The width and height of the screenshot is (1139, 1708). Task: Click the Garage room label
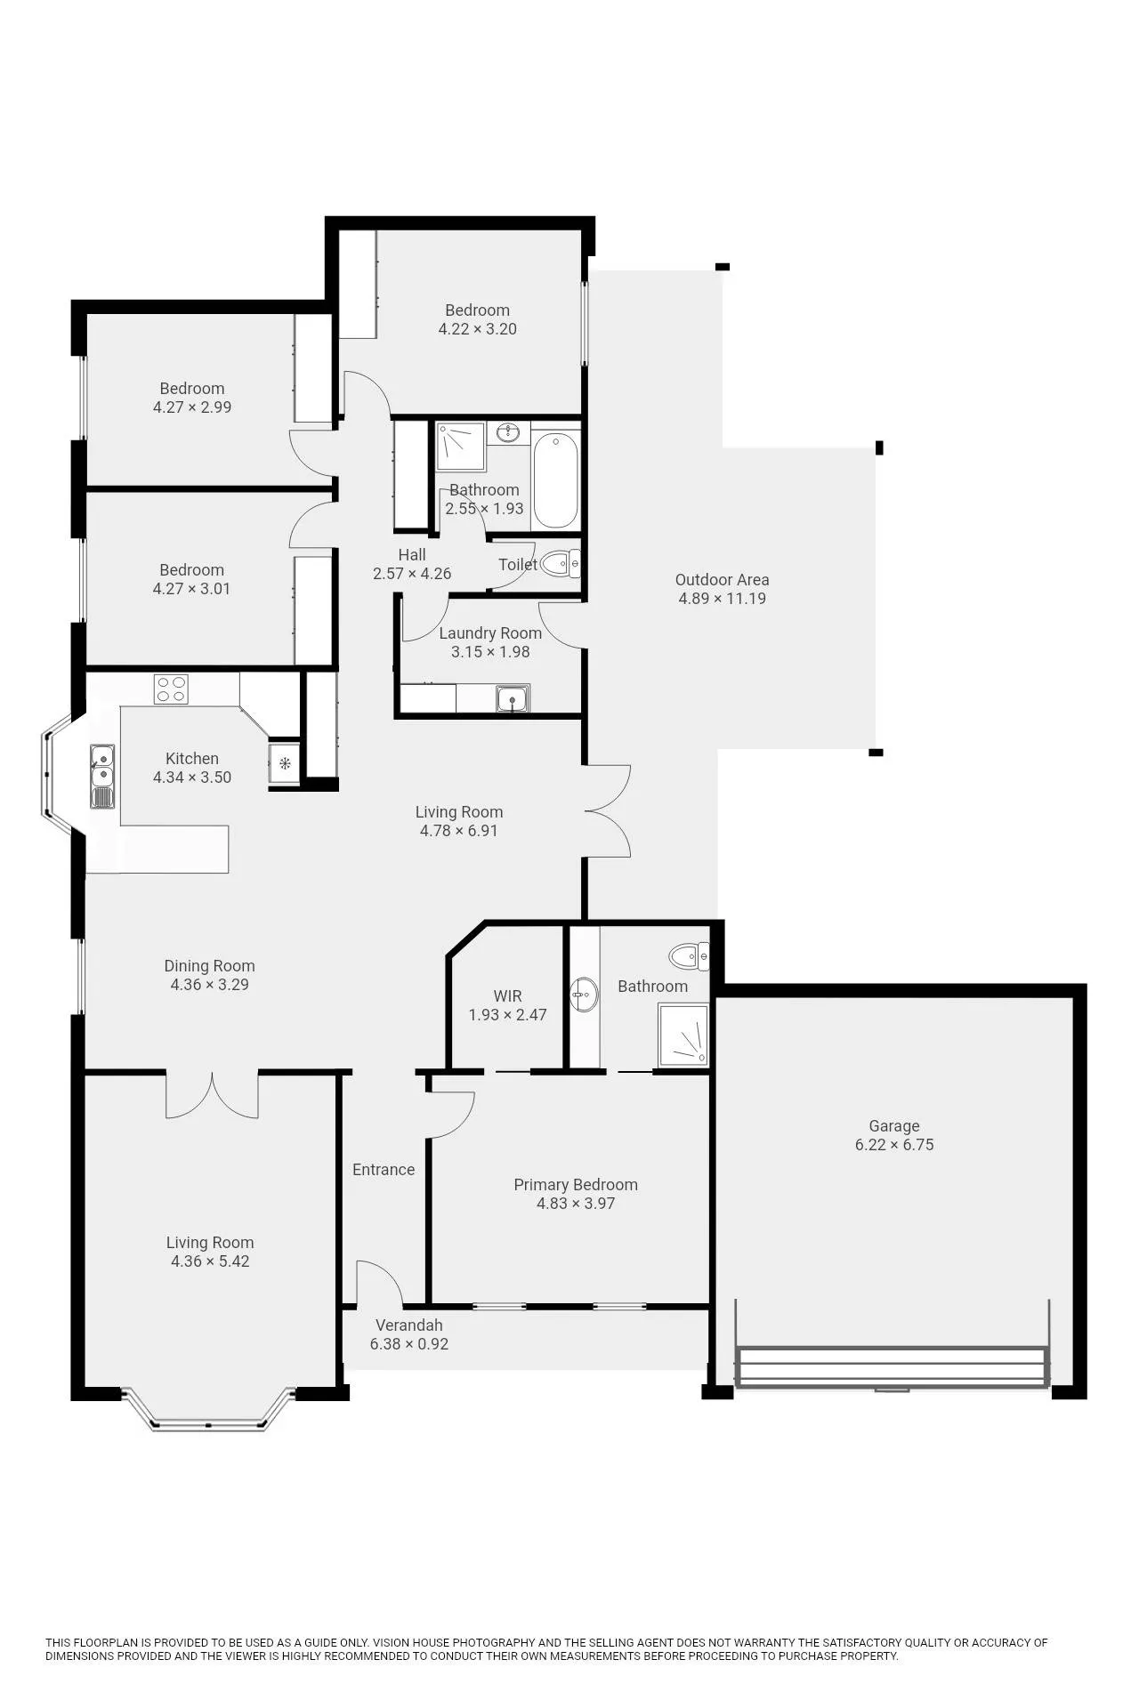point(894,1126)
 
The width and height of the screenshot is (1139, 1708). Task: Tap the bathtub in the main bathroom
point(556,480)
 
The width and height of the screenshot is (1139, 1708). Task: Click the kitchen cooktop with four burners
point(171,689)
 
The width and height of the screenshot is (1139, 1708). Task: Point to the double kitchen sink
point(102,777)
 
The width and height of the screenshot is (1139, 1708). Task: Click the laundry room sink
point(513,699)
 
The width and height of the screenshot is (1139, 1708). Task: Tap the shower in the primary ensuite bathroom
point(683,1035)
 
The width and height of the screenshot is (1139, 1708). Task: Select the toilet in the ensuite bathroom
point(690,957)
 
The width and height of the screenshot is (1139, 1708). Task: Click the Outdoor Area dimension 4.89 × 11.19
point(723,599)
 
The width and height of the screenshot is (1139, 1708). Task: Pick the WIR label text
point(508,996)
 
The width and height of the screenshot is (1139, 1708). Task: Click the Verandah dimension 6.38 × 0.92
point(409,1344)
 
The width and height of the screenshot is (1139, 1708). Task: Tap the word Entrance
point(384,1170)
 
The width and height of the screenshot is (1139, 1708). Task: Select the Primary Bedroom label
point(576,1185)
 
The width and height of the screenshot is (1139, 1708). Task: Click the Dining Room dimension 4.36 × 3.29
point(210,985)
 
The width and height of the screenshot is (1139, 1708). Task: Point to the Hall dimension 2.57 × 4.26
point(412,574)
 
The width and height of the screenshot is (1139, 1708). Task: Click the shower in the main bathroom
point(461,447)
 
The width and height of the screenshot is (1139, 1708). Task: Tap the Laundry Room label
point(490,633)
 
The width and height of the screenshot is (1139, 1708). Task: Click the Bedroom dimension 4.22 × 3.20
point(478,329)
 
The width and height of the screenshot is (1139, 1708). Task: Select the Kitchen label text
point(192,759)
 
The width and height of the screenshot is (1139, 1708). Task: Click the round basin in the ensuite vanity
point(585,994)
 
